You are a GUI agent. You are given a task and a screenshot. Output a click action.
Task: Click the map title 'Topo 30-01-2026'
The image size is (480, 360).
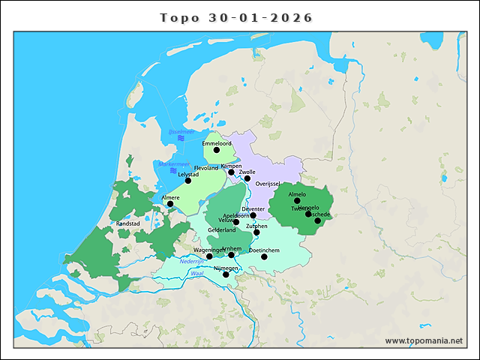point(237,17)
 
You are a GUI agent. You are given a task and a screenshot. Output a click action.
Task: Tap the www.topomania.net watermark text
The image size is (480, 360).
point(424,340)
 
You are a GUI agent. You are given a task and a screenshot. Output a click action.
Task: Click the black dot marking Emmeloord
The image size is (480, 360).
point(217,150)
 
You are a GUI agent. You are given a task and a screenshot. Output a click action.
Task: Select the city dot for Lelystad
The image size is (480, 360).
point(188,181)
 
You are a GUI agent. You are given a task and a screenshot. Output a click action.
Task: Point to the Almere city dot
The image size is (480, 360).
point(170,204)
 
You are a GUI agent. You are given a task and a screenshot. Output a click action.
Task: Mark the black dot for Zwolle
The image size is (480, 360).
point(247,178)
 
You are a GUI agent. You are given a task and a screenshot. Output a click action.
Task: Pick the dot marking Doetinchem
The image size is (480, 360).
point(264,257)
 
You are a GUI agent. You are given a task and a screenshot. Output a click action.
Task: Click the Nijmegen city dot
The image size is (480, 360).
point(226,274)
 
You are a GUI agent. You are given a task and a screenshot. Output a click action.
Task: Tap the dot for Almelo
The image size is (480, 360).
point(297,201)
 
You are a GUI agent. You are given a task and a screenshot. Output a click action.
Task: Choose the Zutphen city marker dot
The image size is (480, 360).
point(256,232)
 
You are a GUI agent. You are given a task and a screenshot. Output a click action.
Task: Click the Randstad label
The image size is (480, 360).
point(128,223)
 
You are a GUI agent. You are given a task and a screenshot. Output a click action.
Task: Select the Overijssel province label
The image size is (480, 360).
point(268,184)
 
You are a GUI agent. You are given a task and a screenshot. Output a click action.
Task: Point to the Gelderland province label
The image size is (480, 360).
point(221,230)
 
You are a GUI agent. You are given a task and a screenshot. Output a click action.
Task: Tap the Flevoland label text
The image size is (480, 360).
point(206,168)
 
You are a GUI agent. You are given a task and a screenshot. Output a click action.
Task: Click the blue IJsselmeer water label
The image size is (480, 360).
point(181,132)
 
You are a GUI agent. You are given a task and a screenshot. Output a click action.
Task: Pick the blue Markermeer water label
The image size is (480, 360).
point(173,163)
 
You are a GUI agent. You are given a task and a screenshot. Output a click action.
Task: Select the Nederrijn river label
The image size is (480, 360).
point(192,261)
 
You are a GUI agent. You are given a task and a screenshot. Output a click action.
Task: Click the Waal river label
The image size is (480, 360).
point(197,274)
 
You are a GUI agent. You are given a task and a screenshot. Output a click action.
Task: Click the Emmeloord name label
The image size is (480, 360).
point(217,142)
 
